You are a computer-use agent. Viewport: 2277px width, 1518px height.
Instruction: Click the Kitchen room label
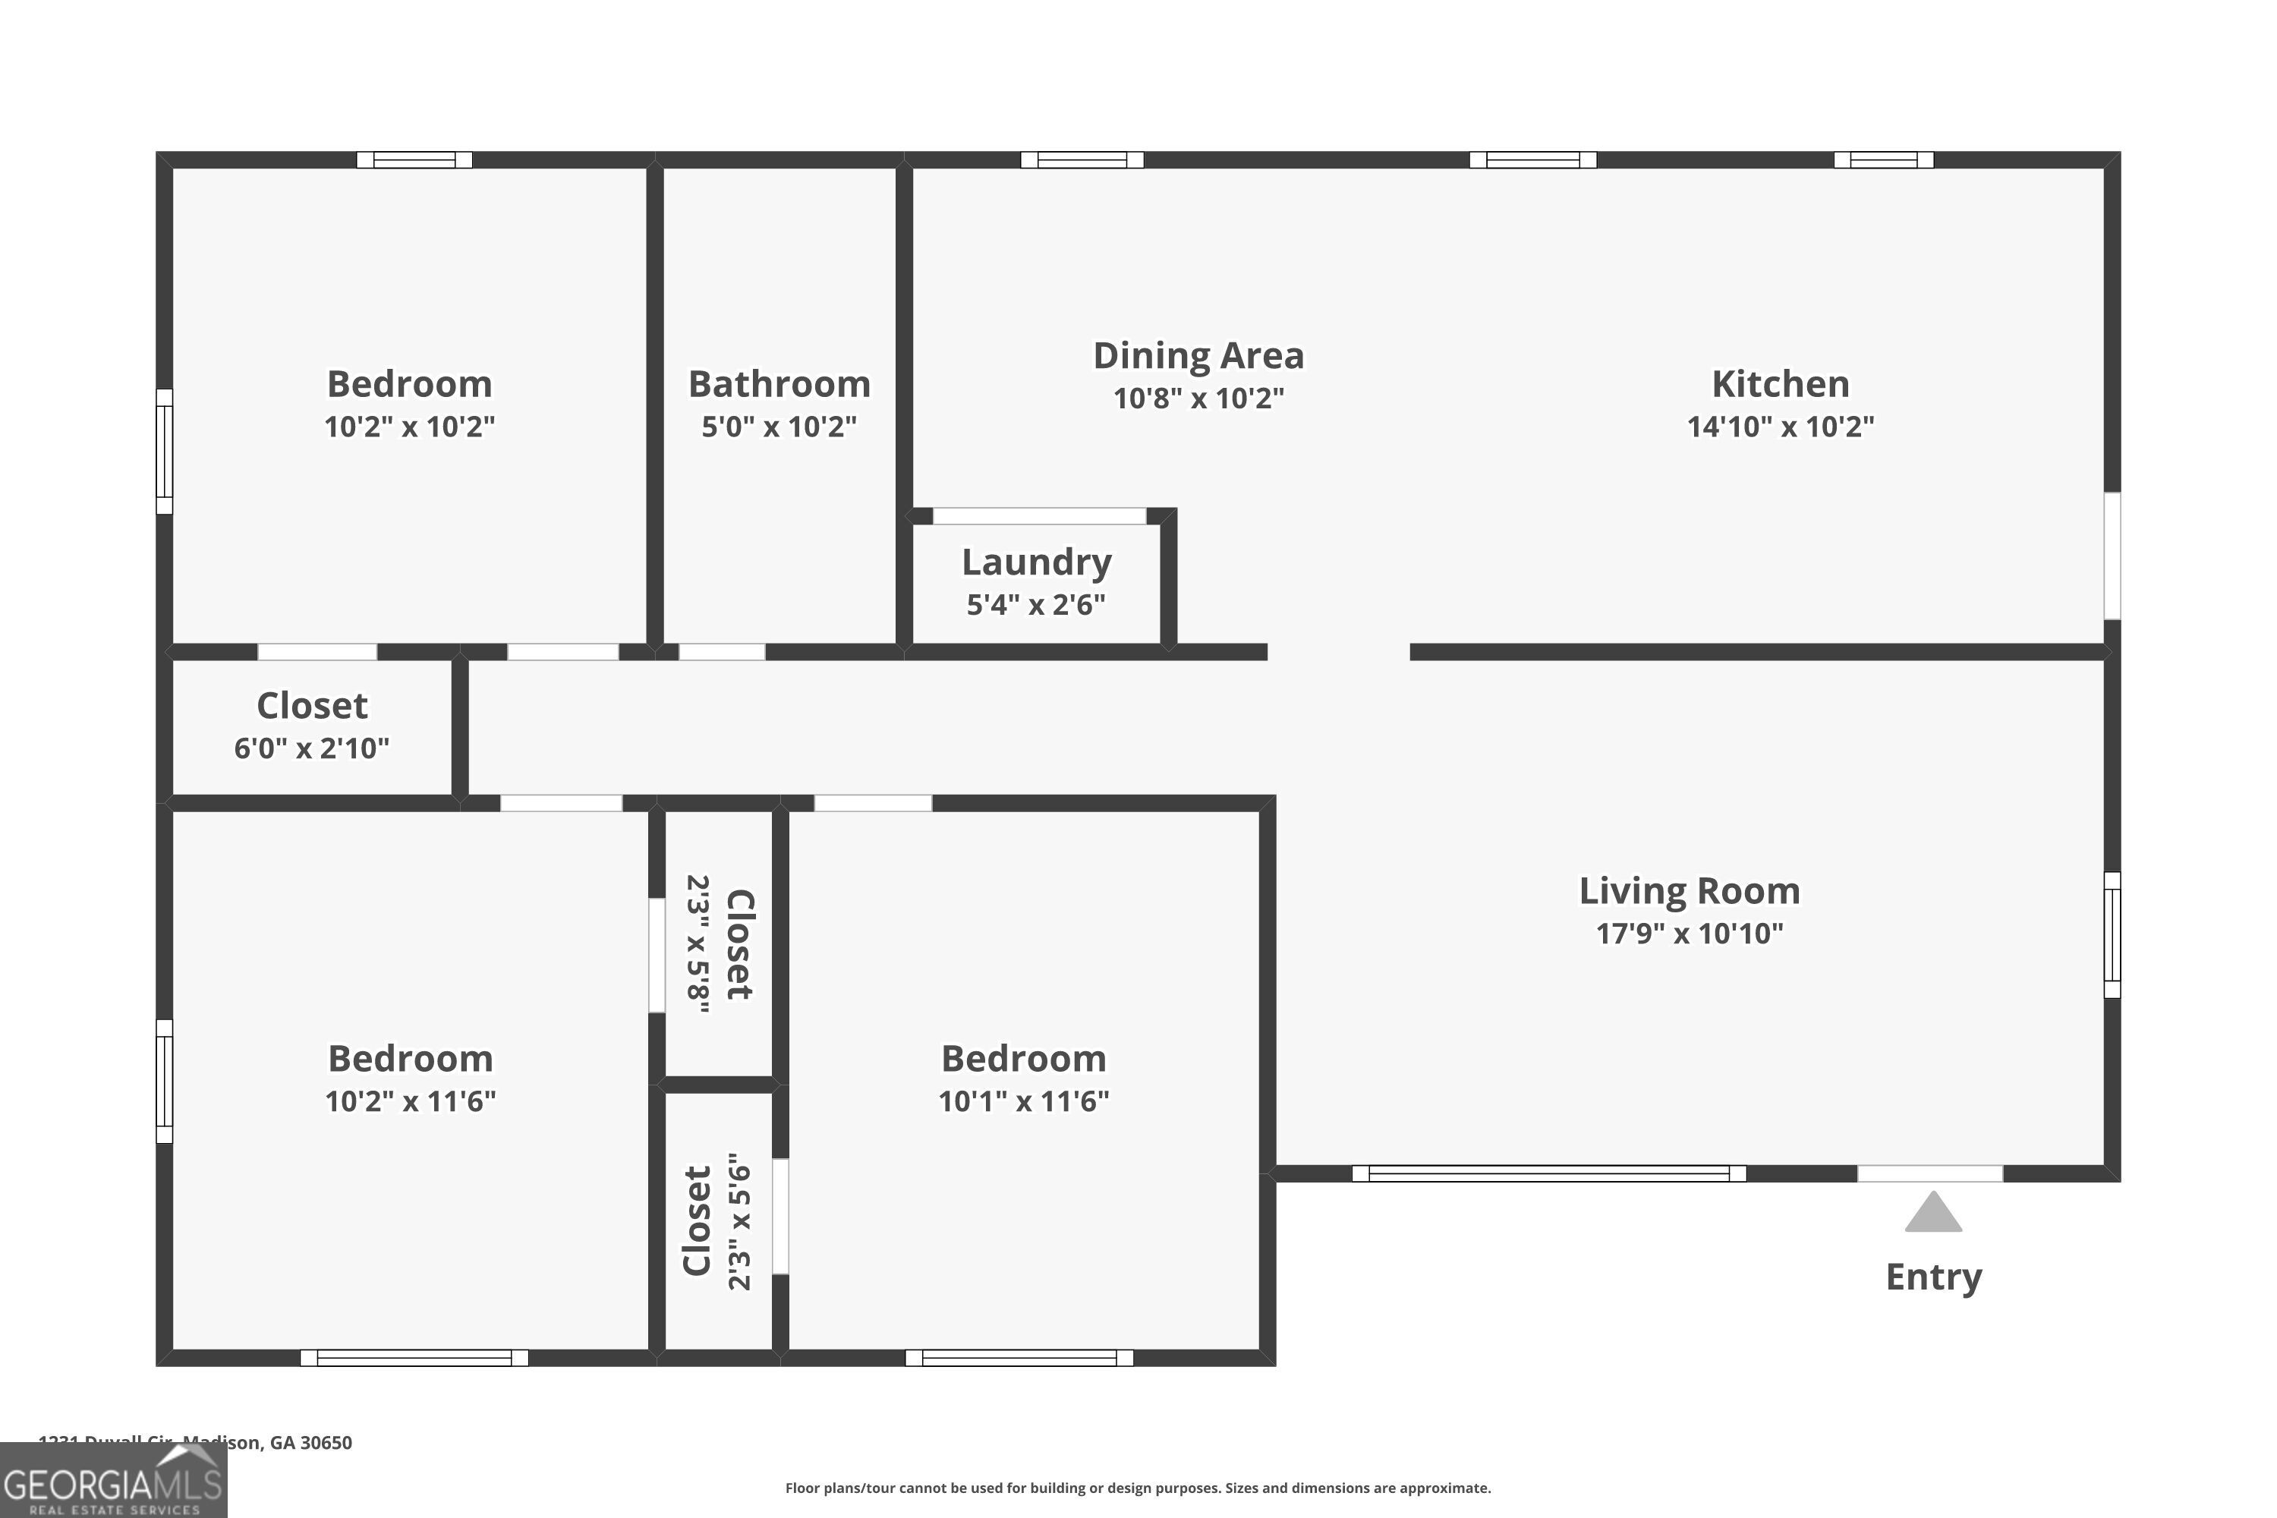point(1779,384)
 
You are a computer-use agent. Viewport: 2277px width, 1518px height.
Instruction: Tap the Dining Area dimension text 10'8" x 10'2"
point(1198,398)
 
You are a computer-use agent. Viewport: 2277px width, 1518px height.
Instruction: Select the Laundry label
point(1036,562)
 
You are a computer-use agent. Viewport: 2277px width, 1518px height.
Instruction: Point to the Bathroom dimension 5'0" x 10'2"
point(779,426)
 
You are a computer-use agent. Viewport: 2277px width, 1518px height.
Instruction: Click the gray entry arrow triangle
point(1932,1213)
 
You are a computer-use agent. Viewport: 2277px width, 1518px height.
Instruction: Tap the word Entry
point(1933,1277)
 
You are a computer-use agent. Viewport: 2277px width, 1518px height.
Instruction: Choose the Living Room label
point(1688,890)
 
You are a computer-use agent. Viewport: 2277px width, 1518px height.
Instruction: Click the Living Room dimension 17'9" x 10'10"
point(1688,934)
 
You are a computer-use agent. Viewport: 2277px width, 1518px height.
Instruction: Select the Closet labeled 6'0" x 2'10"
point(312,706)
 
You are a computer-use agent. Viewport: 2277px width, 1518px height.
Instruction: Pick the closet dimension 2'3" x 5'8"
point(698,944)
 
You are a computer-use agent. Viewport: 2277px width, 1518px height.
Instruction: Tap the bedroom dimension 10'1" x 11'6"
point(1023,1101)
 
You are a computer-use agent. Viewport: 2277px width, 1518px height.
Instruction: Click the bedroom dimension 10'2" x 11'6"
point(410,1101)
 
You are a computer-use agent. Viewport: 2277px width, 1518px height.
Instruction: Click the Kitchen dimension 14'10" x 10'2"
point(1779,426)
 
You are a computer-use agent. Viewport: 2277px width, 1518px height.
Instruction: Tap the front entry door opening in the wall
point(1929,1173)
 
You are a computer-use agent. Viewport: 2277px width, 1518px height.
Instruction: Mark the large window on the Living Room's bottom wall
point(1548,1173)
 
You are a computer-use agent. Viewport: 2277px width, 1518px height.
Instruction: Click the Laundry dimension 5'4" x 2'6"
point(1036,604)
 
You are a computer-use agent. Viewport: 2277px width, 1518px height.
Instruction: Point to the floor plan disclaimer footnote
point(1138,1488)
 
